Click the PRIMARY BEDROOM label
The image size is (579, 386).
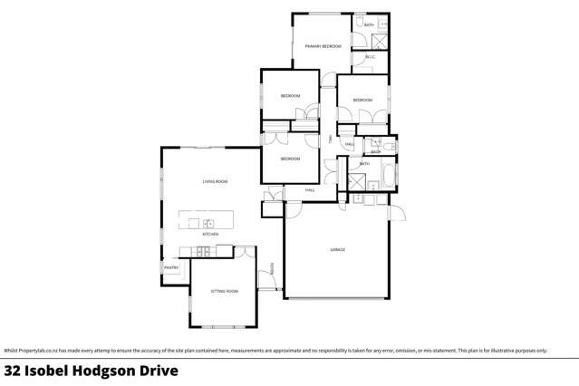coord(323,45)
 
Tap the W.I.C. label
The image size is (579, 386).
coord(371,58)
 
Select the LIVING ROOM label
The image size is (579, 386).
coord(215,182)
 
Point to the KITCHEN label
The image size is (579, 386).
coord(210,234)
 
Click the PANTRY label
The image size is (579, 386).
coord(170,267)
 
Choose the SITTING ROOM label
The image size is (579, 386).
coord(224,291)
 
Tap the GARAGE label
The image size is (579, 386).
coord(338,249)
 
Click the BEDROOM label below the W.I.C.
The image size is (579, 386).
coord(362,100)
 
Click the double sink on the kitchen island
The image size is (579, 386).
coord(208,222)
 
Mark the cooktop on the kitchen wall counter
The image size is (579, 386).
coord(206,249)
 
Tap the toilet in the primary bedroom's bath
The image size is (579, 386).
coord(359,24)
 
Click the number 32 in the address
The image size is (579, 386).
coord(14,371)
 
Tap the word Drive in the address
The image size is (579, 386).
coord(159,371)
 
